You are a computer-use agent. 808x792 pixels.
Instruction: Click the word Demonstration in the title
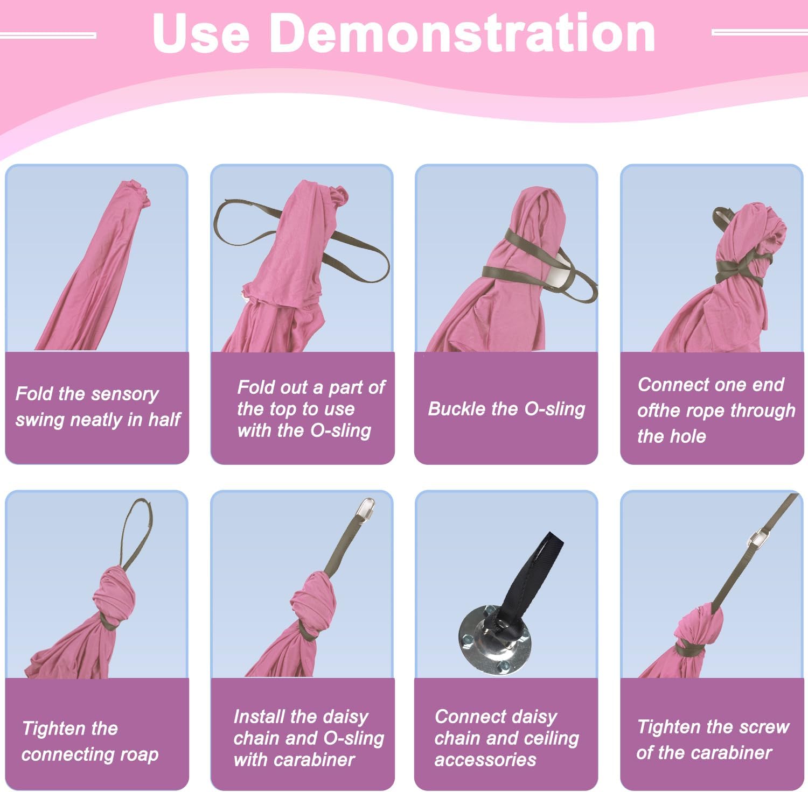(463, 33)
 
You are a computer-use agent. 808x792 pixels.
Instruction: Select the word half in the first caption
(164, 419)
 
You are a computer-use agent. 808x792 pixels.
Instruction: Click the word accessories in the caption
(485, 760)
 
